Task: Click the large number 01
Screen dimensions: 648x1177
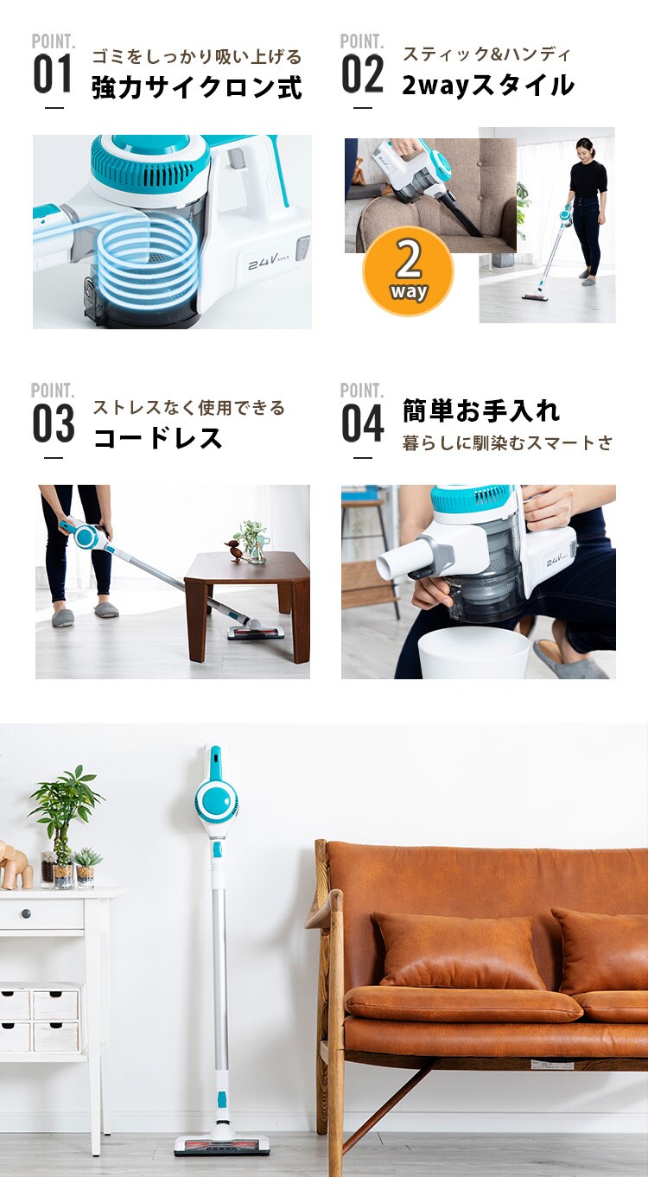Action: [52, 73]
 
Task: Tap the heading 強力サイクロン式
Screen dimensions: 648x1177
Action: [197, 86]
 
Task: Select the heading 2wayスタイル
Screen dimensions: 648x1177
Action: [488, 86]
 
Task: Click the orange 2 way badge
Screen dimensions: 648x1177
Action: [408, 271]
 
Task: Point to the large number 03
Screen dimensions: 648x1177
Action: [53, 423]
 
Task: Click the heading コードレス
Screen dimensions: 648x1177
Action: [157, 437]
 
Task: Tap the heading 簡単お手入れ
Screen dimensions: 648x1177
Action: [481, 410]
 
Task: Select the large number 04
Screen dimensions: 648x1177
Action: [362, 423]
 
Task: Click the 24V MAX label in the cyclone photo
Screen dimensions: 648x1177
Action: [269, 262]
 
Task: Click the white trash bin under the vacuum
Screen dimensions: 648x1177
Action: [473, 653]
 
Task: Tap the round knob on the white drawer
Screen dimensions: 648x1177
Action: [26, 913]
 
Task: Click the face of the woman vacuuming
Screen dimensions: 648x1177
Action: [585, 150]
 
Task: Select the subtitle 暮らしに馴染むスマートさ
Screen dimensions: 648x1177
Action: [508, 443]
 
